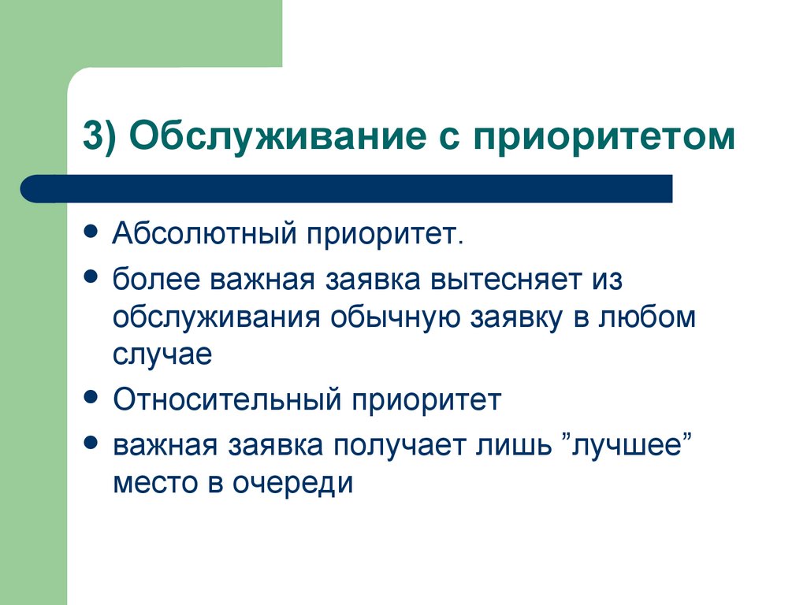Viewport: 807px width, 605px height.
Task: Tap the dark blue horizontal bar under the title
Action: coord(347,189)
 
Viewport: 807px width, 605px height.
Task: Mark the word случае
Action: coord(162,354)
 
